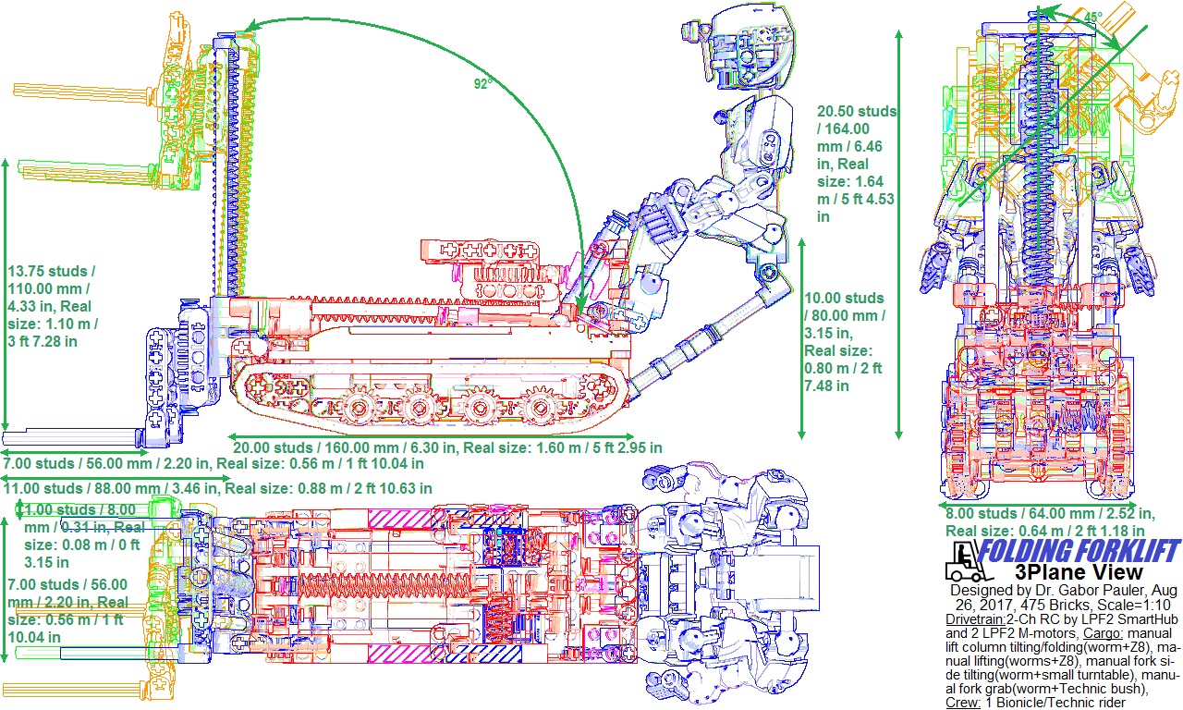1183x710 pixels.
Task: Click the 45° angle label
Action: pos(1092,18)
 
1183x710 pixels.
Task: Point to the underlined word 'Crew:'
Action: pos(963,703)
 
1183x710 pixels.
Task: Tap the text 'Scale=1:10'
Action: pos(1117,604)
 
